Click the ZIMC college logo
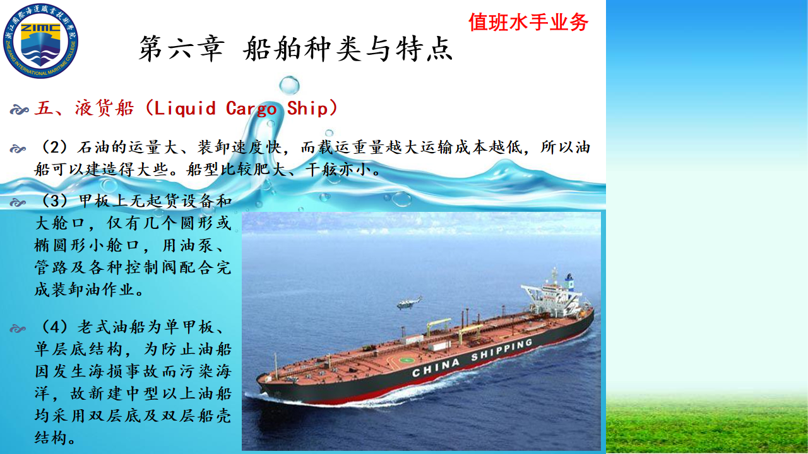(40, 41)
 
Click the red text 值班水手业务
(528, 22)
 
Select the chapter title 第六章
(181, 49)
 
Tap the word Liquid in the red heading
(185, 108)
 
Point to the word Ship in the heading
(307, 108)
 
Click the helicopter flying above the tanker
(410, 303)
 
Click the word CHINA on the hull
(436, 368)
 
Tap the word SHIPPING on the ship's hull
(501, 349)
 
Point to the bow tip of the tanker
(258, 378)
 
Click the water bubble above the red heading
(289, 86)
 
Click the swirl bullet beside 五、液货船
(19, 110)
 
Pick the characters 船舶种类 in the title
(302, 49)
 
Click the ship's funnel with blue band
(569, 282)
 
